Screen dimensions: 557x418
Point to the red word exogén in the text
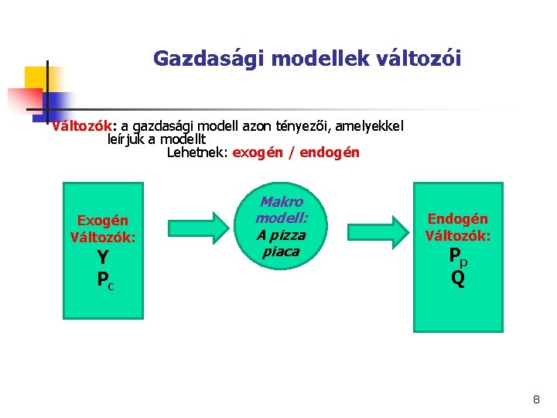pos(258,152)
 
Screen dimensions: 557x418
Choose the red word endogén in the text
pos(329,152)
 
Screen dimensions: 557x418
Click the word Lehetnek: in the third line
pos(197,152)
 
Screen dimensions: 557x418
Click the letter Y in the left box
pos(103,259)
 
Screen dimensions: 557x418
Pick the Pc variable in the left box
pos(105,280)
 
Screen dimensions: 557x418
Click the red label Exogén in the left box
pos(103,221)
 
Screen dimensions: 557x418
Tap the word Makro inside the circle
pos(282,202)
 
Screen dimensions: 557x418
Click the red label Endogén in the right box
pos(458,219)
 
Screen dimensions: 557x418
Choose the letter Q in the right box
pos(458,278)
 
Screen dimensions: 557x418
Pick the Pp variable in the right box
pos(458,258)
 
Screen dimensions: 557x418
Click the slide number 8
pos(536,399)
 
